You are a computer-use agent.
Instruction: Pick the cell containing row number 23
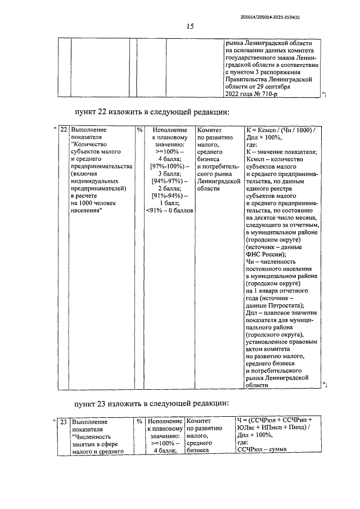pyautogui.click(x=64, y=421)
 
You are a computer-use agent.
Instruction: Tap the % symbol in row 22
pyautogui.click(x=139, y=130)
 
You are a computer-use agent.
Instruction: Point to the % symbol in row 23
pyautogui.click(x=139, y=421)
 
